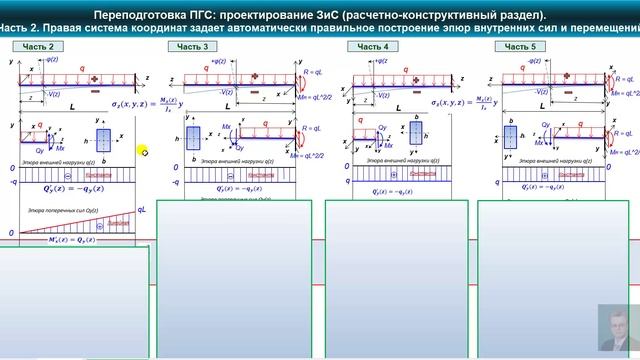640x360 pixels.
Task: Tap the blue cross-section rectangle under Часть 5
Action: coord(511,136)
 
